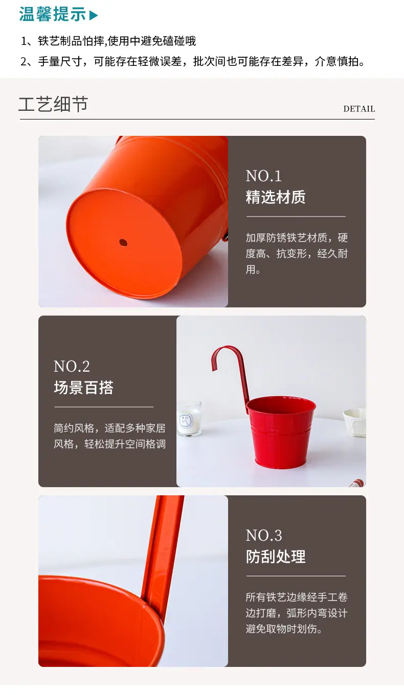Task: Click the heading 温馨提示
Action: click(53, 14)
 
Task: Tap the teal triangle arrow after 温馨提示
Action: click(94, 15)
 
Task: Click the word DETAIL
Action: click(359, 109)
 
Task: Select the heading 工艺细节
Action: click(53, 104)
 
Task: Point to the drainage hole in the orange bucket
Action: click(123, 243)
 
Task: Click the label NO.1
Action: click(263, 176)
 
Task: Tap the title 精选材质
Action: click(276, 197)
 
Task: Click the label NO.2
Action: click(72, 367)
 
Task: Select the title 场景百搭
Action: click(83, 388)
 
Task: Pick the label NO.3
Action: click(263, 536)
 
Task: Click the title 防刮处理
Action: click(276, 557)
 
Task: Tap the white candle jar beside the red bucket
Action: click(189, 419)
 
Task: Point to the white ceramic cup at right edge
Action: click(355, 422)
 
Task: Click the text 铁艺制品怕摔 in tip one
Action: click(71, 41)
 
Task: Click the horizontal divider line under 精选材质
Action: click(296, 217)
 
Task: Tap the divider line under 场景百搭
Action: click(104, 407)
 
